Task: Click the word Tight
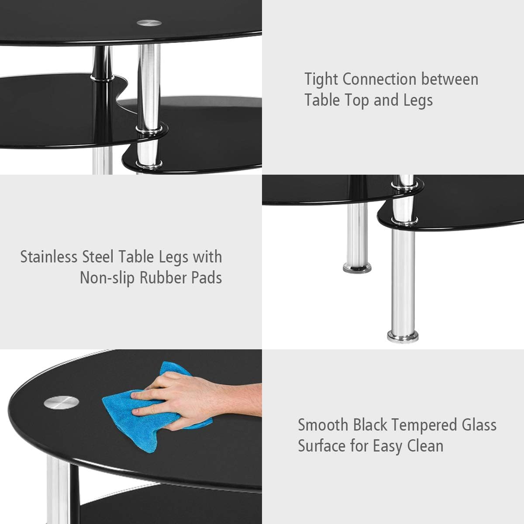click(x=321, y=79)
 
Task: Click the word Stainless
click(x=49, y=257)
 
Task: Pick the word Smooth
click(x=323, y=425)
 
